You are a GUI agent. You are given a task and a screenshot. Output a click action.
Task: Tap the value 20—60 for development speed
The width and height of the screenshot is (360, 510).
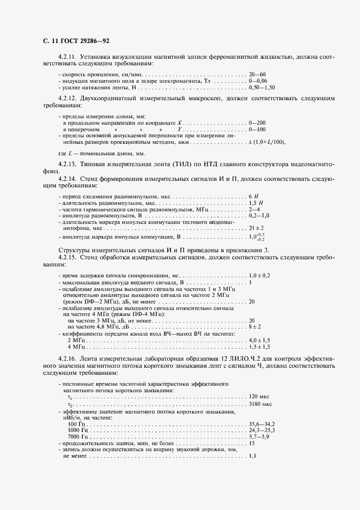coord(257,74)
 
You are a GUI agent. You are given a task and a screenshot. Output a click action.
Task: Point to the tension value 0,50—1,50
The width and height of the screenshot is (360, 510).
coord(261,87)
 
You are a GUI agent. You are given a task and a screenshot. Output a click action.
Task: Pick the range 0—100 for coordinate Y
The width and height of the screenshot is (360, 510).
coord(257,130)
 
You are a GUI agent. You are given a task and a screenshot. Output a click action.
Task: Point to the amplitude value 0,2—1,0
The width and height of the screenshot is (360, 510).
coord(259,216)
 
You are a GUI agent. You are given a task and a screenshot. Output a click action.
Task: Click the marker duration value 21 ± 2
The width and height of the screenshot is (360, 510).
coord(256,228)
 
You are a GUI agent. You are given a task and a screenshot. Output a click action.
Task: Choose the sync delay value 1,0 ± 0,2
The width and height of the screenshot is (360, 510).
coord(259,277)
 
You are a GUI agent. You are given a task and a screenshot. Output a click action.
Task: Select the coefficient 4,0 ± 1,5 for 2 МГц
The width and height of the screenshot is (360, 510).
coord(259,339)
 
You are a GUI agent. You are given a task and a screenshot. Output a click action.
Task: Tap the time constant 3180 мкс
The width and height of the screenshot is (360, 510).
coord(260,405)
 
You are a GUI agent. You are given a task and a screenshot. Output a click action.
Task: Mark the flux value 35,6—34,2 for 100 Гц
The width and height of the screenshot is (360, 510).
coord(262,423)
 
